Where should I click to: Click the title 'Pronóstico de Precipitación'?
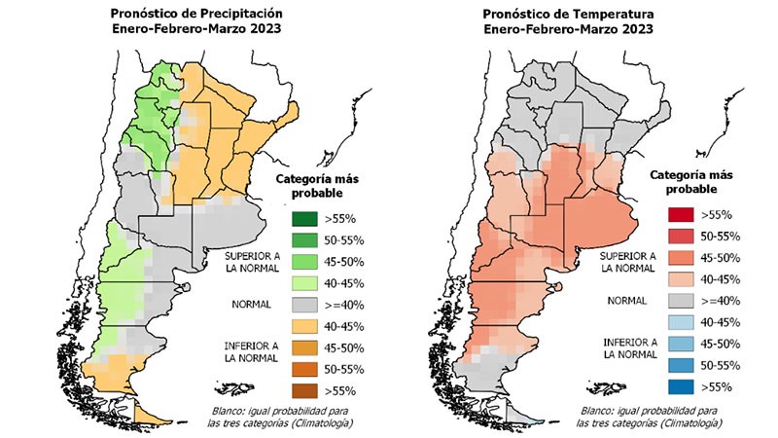pyautogui.click(x=197, y=15)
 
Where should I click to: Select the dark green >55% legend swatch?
pyautogui.click(x=303, y=217)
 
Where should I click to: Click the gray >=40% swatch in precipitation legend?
pyautogui.click(x=303, y=304)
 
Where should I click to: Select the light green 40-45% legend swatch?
pyautogui.click(x=303, y=282)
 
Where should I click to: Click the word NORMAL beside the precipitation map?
pyautogui.click(x=251, y=305)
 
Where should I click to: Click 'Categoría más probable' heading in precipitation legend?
pyautogui.click(x=320, y=186)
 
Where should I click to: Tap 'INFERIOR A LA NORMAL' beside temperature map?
pyautogui.click(x=630, y=348)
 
